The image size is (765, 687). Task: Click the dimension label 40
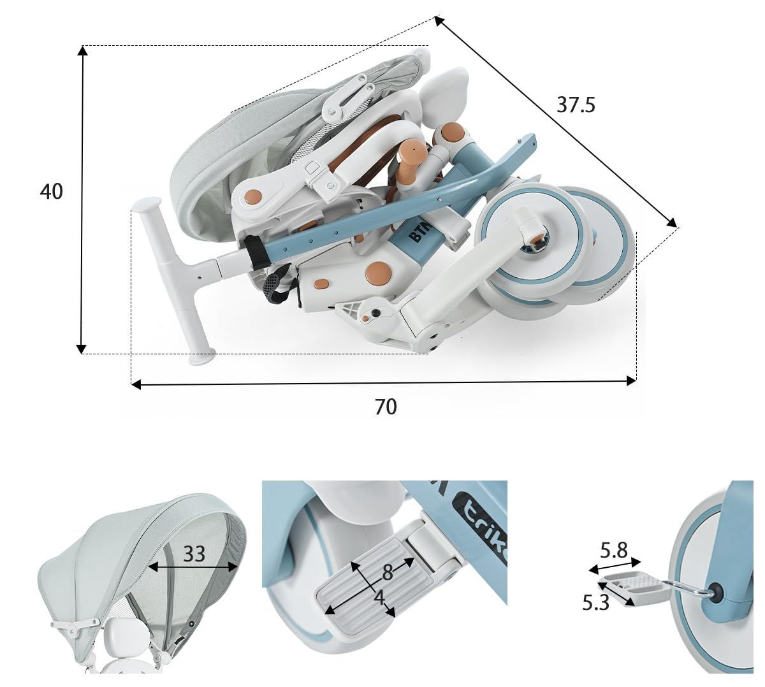[52, 192]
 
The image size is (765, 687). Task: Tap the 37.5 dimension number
[576, 105]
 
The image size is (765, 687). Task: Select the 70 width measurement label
[386, 407]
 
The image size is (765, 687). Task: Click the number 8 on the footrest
[388, 573]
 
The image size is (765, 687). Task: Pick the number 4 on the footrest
[380, 598]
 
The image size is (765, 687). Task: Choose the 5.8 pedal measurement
[614, 551]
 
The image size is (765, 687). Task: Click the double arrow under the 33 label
[193, 567]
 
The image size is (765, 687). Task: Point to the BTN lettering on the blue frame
[420, 231]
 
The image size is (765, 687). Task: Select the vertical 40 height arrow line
[82, 199]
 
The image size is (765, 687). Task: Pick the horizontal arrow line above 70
[384, 383]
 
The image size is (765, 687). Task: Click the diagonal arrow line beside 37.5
[556, 122]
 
